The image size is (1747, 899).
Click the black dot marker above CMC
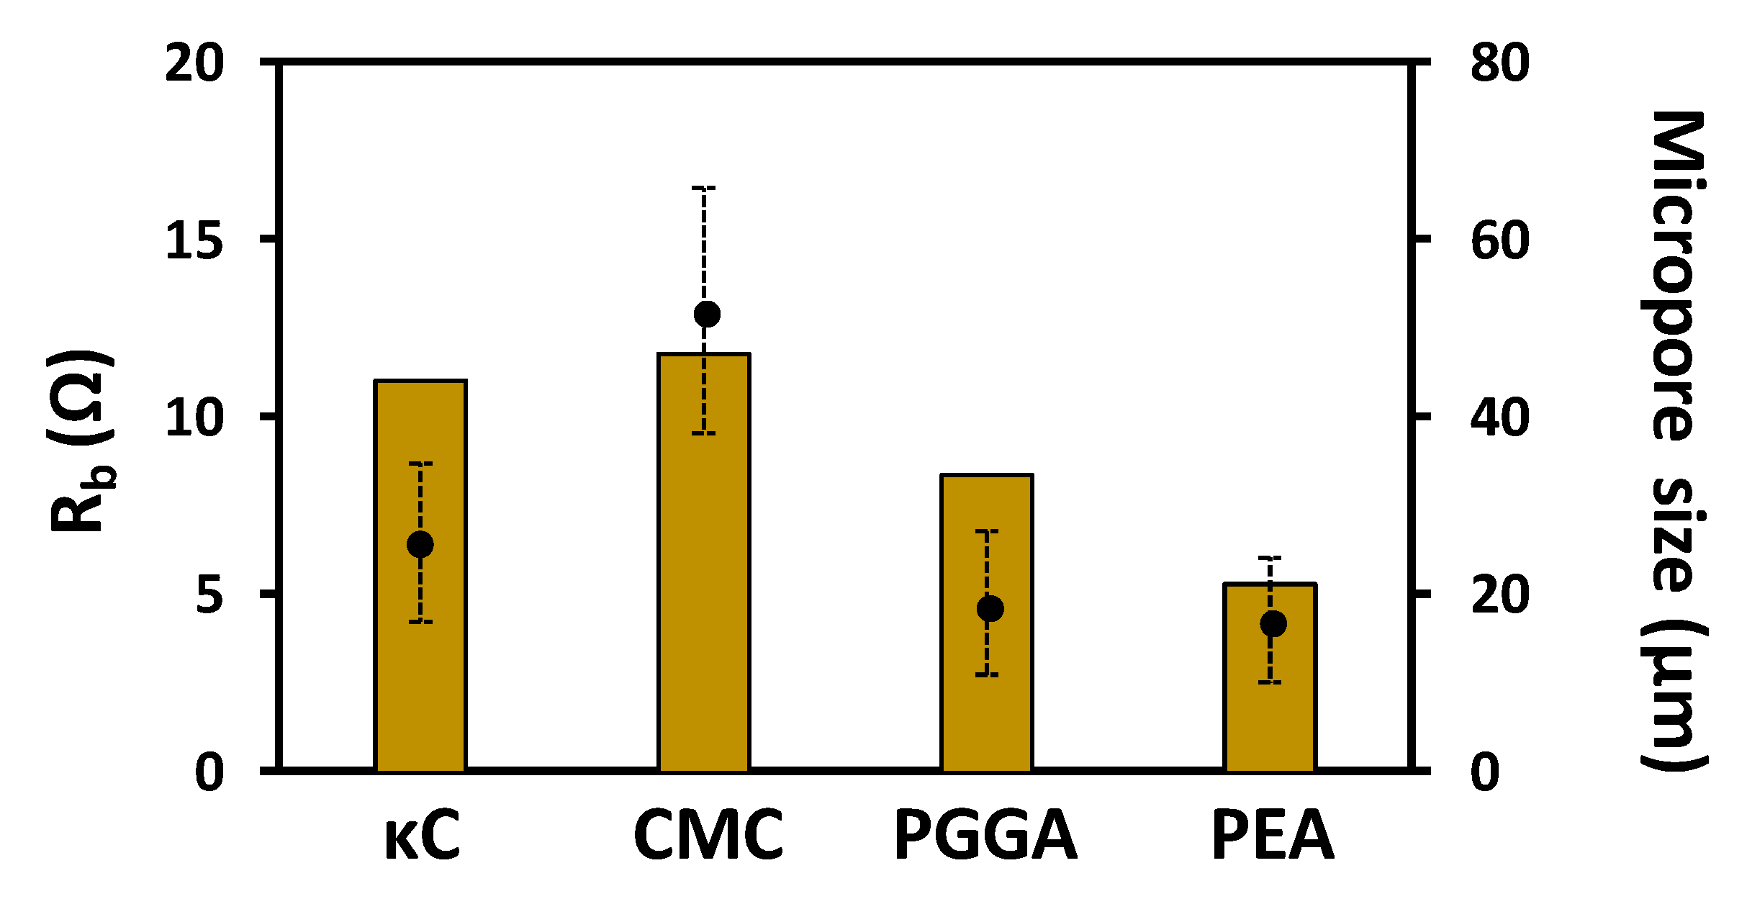point(707,314)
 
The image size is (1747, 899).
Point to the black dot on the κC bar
point(420,544)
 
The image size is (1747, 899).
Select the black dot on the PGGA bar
point(990,608)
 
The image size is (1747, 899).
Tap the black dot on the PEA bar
point(1273,623)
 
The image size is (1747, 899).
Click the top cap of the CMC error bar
point(704,188)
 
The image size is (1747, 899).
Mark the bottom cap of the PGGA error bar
point(987,675)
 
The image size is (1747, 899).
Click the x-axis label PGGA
point(985,836)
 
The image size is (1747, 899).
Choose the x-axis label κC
point(423,836)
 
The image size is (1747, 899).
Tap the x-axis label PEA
point(1273,836)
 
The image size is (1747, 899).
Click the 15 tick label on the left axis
point(194,240)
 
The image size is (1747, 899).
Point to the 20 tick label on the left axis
point(194,63)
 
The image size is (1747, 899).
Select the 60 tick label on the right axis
point(1500,240)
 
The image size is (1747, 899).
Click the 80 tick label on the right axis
point(1500,63)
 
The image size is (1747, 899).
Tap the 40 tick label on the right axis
point(1500,417)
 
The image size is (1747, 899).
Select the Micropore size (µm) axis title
point(1675,441)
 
